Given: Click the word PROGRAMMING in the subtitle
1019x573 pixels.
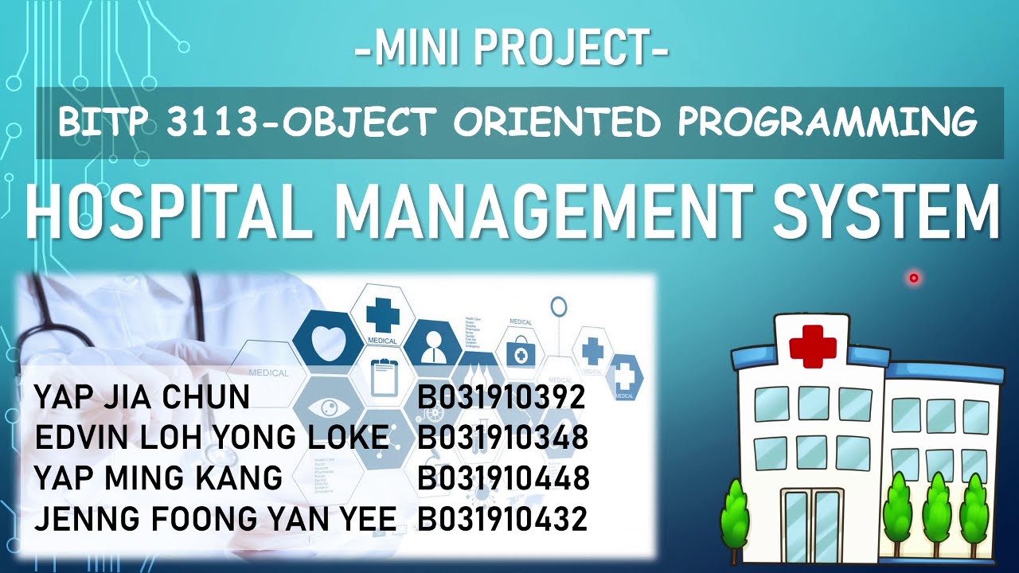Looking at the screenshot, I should pyautogui.click(x=827, y=123).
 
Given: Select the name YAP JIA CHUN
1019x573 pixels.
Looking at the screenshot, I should pyautogui.click(x=142, y=397).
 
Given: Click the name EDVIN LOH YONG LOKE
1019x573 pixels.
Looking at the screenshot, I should pyautogui.click(x=212, y=438).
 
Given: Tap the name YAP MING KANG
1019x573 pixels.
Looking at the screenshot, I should pyautogui.click(x=158, y=478).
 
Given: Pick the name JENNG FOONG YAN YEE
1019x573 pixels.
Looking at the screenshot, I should pyautogui.click(x=215, y=519).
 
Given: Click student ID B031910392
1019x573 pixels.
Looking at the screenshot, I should pyautogui.click(x=502, y=397).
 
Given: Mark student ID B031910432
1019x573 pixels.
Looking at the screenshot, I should pyautogui.click(x=502, y=519).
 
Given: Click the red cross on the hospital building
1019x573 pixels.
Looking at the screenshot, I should pyautogui.click(x=812, y=346).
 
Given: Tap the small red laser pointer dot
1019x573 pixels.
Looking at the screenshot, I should pyautogui.click(x=913, y=278).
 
